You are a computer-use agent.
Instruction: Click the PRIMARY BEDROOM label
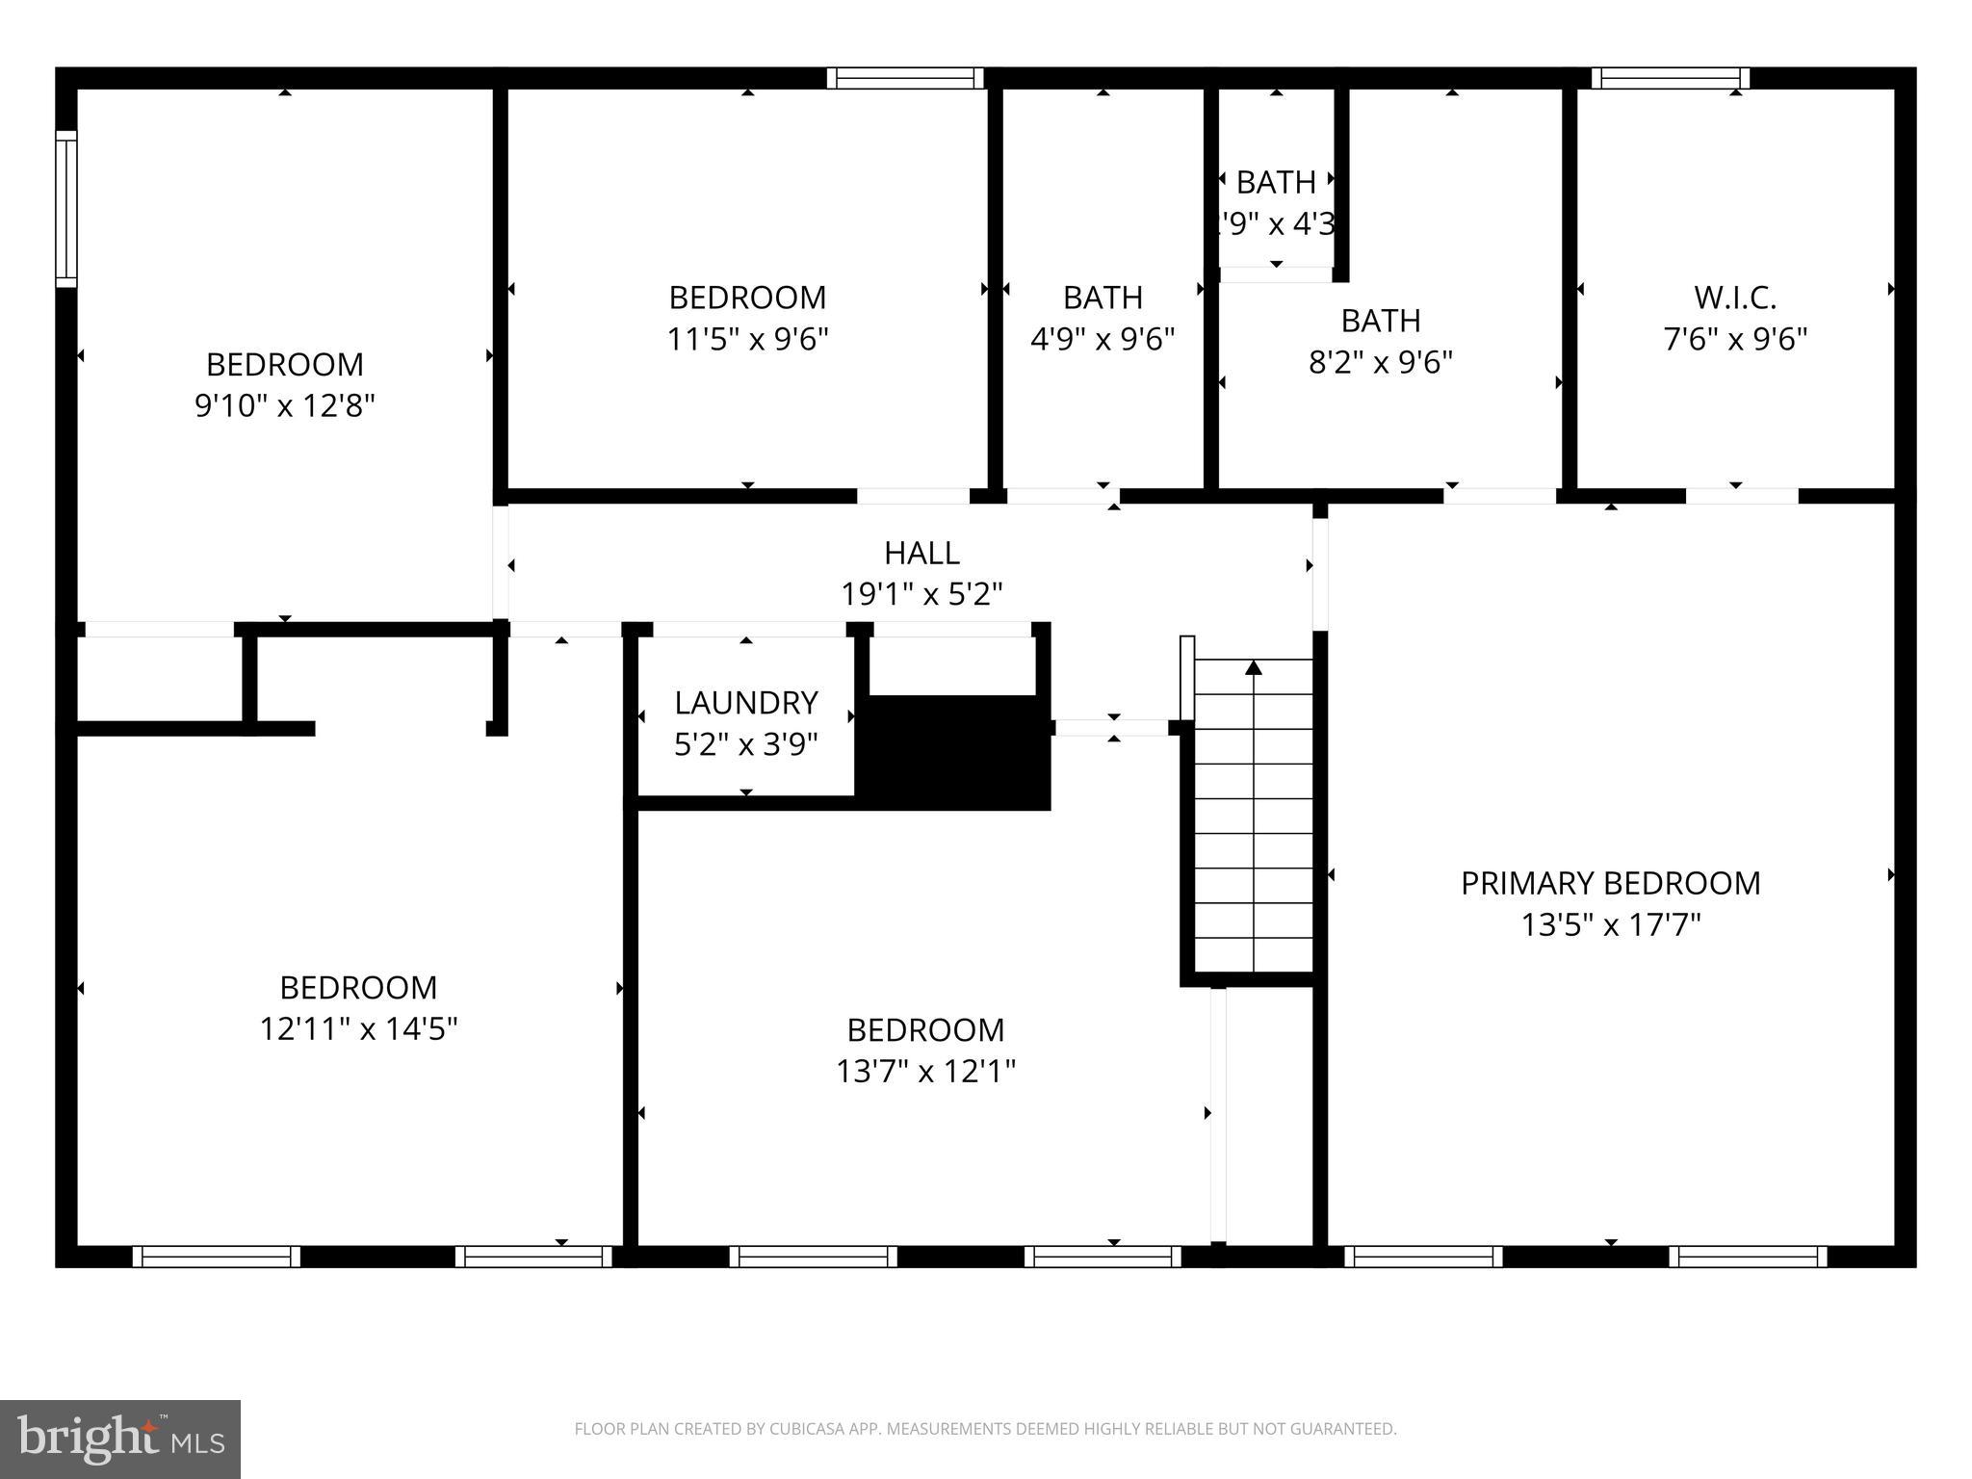pos(1610,883)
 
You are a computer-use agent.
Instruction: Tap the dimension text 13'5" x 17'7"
pos(1610,925)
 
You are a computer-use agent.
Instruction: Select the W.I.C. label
pos(1735,298)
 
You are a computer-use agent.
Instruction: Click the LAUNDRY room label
pos(746,703)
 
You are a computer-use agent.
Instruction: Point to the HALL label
pos(921,553)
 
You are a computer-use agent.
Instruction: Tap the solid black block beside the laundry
pos(959,753)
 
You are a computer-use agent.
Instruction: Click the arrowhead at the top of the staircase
pos(1253,666)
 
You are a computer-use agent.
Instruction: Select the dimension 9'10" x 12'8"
pos(284,406)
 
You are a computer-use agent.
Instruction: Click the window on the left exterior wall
pos(65,208)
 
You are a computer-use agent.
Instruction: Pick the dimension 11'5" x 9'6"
pos(747,340)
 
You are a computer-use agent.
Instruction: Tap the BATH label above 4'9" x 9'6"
pos(1103,298)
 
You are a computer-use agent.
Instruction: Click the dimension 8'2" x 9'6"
pos(1380,363)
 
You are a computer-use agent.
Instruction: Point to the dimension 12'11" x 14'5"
pos(358,1029)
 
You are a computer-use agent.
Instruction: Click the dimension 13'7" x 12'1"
pos(925,1072)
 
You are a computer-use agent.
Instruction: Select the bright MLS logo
pos(120,1439)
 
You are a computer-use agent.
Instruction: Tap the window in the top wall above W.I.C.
pos(1670,78)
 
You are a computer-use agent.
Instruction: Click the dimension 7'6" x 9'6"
pos(1735,340)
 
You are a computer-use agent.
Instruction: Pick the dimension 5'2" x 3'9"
pos(746,745)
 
